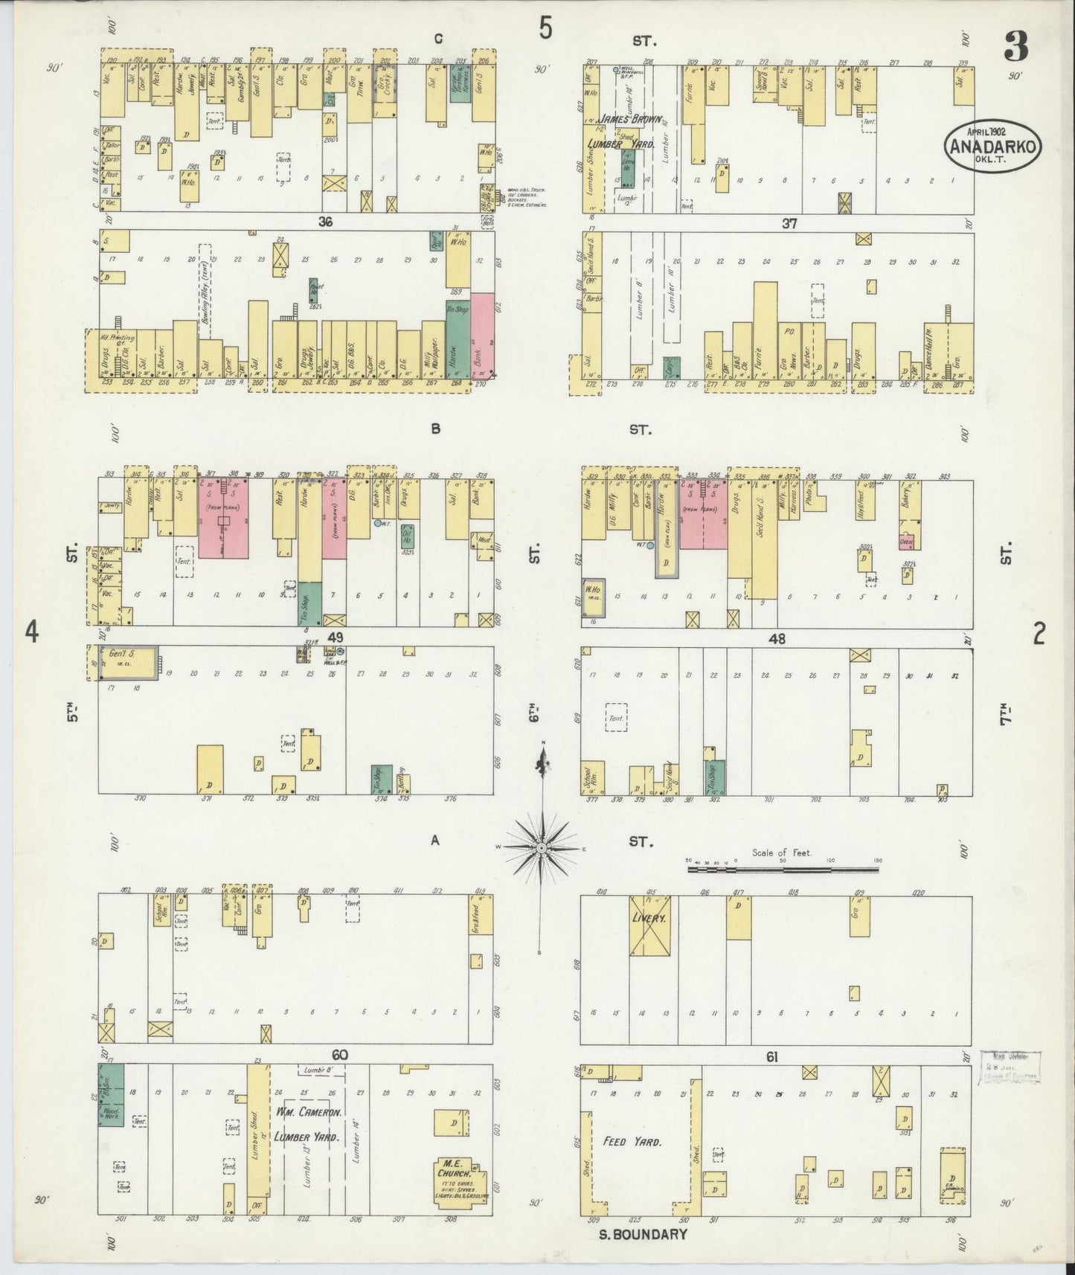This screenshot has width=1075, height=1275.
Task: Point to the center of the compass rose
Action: coord(542,847)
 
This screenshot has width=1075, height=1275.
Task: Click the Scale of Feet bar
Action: coord(783,867)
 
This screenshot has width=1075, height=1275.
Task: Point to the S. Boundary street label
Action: coord(643,1234)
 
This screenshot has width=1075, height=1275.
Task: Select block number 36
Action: coord(325,222)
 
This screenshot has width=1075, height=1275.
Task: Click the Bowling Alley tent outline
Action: coord(205,290)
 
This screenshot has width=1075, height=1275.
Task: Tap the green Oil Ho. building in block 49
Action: coord(407,537)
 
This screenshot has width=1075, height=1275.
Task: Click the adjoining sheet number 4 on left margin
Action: coord(31,632)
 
